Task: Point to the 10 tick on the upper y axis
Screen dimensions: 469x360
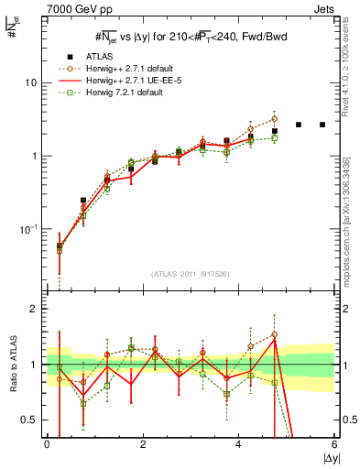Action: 33,82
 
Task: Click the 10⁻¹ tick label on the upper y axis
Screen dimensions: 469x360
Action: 31,228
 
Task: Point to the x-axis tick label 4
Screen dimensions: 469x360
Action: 239,445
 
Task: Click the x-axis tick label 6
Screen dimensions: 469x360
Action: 334,445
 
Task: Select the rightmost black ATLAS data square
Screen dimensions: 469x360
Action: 322,125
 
